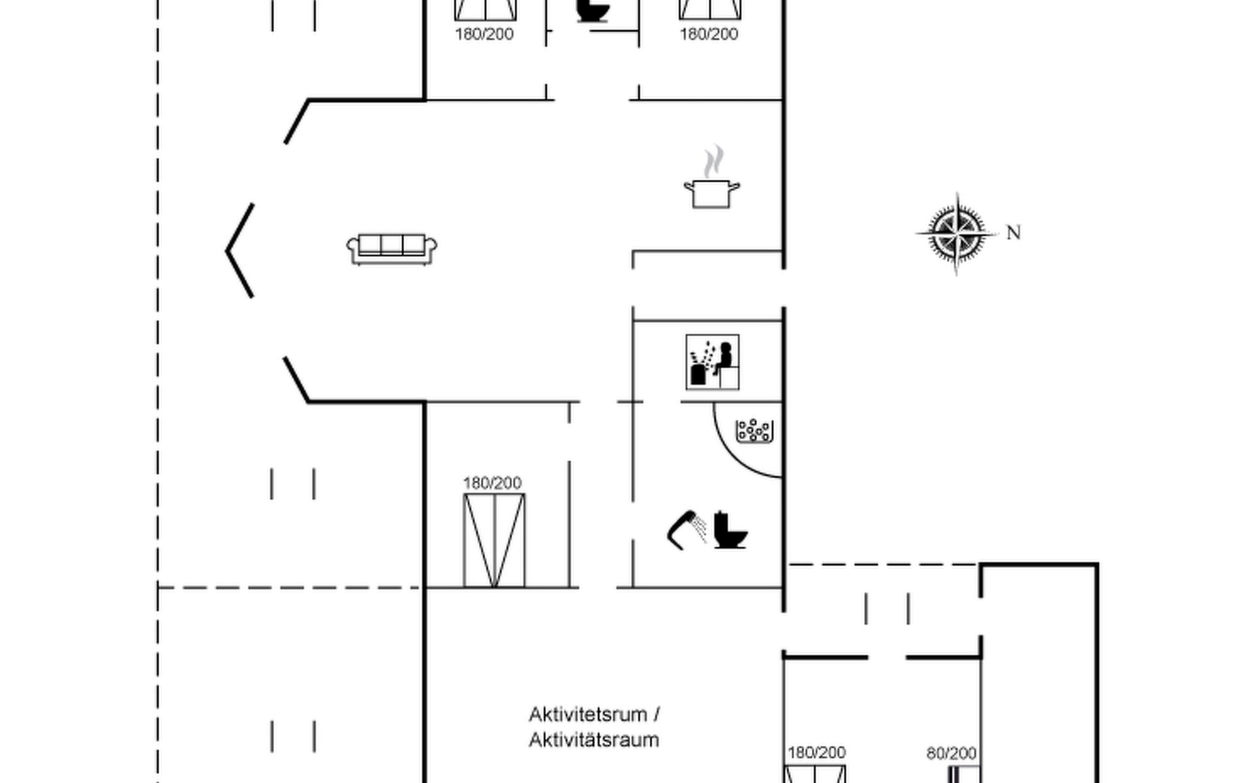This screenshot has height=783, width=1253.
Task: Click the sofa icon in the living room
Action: click(x=392, y=249)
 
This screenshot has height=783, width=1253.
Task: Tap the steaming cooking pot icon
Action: click(x=711, y=192)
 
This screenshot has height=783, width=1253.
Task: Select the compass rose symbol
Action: click(x=957, y=232)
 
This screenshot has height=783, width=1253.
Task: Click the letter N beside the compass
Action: click(x=1013, y=233)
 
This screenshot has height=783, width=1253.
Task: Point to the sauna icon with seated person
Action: click(x=712, y=362)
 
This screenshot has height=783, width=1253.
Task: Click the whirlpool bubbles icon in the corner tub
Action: click(x=754, y=431)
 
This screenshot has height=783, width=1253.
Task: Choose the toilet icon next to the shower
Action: click(x=730, y=530)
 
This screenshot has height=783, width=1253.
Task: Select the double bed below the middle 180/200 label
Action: click(x=494, y=541)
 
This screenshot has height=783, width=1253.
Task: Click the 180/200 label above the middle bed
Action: click(x=492, y=484)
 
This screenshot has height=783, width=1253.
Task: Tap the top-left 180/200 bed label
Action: click(x=484, y=34)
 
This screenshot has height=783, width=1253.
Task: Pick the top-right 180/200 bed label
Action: click(x=709, y=34)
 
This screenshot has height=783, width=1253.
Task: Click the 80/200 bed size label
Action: click(x=951, y=754)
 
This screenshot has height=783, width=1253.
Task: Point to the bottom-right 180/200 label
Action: click(x=816, y=753)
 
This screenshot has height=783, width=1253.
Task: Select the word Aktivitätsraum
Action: click(x=594, y=741)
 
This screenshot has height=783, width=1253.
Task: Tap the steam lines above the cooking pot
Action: click(x=714, y=161)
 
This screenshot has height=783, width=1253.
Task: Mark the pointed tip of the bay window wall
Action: click(x=227, y=251)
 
